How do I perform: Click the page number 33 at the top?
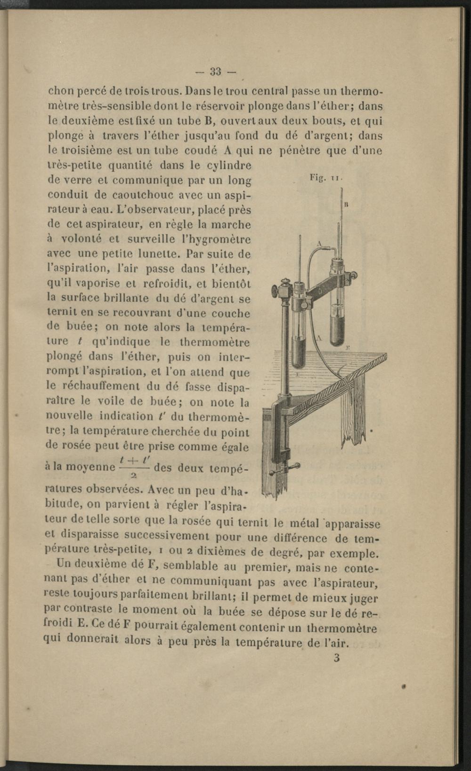click(216, 72)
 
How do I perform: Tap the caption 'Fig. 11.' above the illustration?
click(326, 178)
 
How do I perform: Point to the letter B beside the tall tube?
click(346, 205)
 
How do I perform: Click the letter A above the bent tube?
click(319, 244)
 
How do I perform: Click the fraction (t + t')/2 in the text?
click(135, 467)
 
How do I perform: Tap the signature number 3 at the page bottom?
click(336, 658)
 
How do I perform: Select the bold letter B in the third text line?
click(205, 121)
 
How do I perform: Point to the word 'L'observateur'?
click(148, 209)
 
